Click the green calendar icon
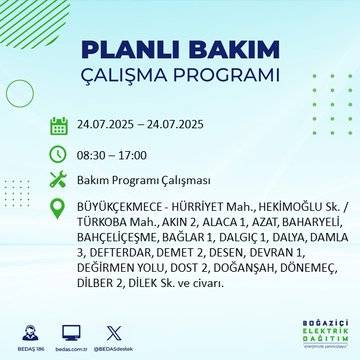pos(59,125)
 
